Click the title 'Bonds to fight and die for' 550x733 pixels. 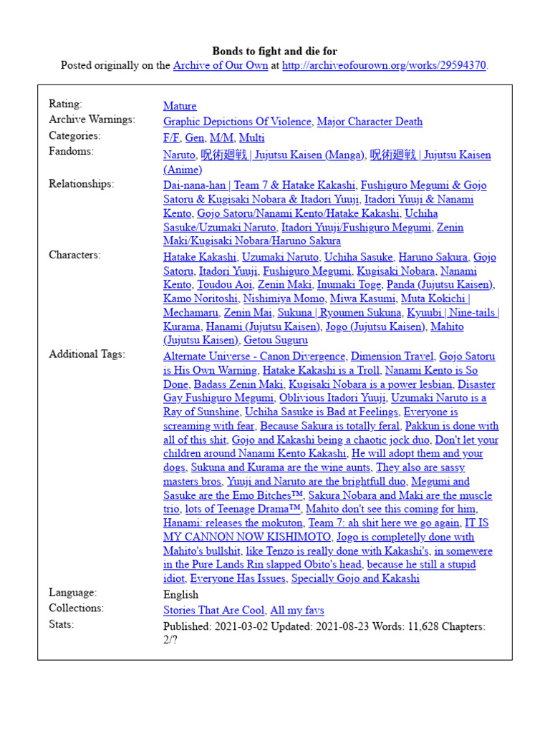274,51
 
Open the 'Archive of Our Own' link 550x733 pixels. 220,65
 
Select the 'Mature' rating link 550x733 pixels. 180,106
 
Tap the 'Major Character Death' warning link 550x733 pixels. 370,122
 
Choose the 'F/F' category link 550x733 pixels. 171,137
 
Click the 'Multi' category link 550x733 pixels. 251,137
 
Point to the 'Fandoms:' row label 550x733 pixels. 71,151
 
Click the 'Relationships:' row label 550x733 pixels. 81,183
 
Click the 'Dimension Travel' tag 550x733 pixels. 392,356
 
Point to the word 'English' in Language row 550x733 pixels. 180,595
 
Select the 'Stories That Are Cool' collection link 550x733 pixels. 213,611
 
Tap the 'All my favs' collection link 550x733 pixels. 296,611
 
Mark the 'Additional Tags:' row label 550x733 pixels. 87,354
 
